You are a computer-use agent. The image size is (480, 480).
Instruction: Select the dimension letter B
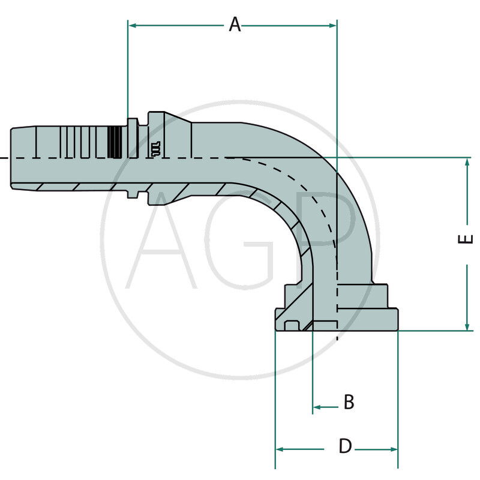pyautogui.click(x=349, y=402)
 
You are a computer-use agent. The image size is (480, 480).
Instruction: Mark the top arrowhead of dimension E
pyautogui.click(x=467, y=162)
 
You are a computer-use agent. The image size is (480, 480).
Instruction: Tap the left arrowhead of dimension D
pyautogui.click(x=280, y=449)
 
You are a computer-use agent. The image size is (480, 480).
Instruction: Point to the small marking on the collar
pyautogui.click(x=157, y=149)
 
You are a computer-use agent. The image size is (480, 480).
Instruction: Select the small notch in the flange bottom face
pyautogui.click(x=292, y=326)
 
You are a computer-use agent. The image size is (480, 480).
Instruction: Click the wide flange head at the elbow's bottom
pyautogui.click(x=336, y=318)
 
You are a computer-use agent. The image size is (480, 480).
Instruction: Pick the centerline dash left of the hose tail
pyautogui.click(x=3, y=158)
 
